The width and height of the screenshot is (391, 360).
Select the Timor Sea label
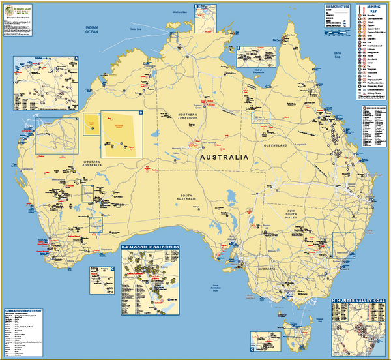135,29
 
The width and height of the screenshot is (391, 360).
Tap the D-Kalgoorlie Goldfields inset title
152,248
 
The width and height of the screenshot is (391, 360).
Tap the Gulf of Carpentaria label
248,66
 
